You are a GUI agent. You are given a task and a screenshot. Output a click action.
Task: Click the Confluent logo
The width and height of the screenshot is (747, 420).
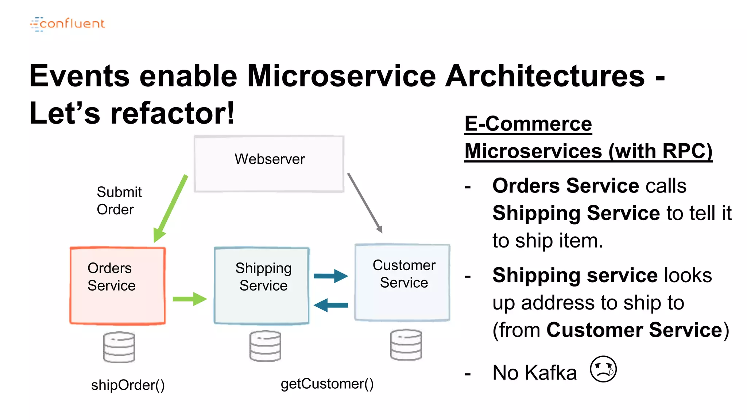(67, 24)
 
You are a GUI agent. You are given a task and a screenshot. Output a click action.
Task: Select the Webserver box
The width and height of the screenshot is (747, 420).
(269, 164)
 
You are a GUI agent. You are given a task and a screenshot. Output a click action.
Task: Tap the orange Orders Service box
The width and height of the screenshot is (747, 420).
(117, 286)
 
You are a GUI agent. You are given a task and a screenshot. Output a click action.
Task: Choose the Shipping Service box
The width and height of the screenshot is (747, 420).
(262, 286)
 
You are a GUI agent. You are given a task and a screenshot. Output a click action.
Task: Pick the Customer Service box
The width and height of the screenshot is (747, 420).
(402, 283)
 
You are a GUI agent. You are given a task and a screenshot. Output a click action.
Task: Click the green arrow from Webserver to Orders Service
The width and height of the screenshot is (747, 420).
(171, 208)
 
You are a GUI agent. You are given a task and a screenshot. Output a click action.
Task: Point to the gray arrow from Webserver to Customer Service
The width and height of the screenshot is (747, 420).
(365, 203)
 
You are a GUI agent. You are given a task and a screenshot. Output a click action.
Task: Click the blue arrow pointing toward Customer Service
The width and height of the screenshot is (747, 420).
(331, 276)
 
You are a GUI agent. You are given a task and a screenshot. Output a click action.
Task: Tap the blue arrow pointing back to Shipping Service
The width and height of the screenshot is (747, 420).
(331, 305)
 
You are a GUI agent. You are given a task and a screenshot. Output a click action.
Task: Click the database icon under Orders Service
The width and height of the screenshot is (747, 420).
(119, 347)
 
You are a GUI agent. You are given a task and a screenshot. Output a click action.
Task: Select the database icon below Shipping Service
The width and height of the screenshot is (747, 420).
(265, 346)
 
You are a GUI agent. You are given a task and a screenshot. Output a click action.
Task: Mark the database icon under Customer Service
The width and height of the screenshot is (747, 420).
(406, 345)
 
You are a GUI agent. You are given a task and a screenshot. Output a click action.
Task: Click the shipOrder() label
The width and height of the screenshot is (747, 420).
(128, 385)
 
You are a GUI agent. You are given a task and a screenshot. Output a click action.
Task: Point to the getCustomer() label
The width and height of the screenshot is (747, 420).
(327, 384)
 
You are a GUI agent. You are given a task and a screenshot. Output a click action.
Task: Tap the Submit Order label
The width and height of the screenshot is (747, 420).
(119, 201)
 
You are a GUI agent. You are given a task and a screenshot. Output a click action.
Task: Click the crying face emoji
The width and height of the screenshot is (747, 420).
(603, 369)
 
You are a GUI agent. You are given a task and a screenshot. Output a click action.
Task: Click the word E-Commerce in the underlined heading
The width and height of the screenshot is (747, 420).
(528, 124)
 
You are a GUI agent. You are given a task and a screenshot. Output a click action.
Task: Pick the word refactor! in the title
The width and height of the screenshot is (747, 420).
(173, 113)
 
